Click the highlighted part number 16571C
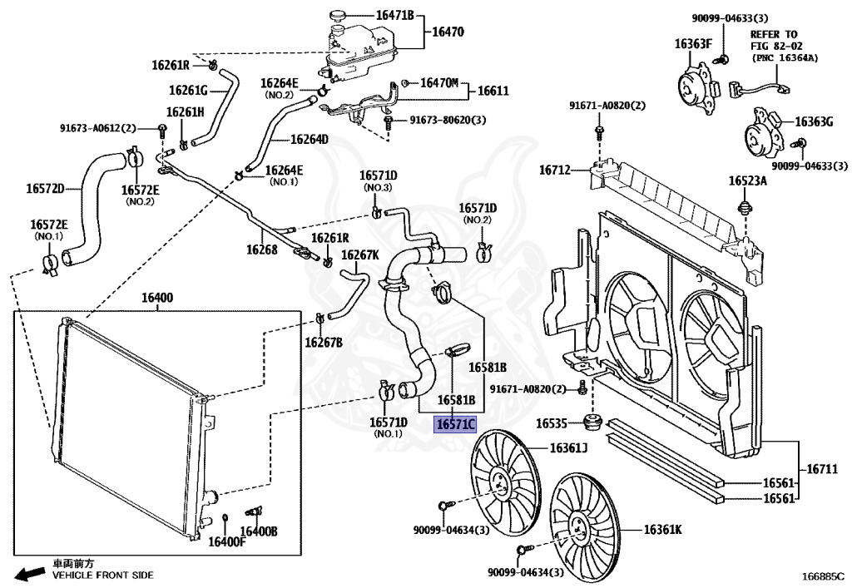click(456, 425)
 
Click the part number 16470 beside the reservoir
click(447, 32)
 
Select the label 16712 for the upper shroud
click(554, 170)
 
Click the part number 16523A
click(747, 180)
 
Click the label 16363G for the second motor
click(813, 121)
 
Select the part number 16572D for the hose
click(45, 189)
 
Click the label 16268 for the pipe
click(261, 249)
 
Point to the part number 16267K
click(360, 255)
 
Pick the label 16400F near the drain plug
click(227, 542)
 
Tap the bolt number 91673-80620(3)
click(448, 121)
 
